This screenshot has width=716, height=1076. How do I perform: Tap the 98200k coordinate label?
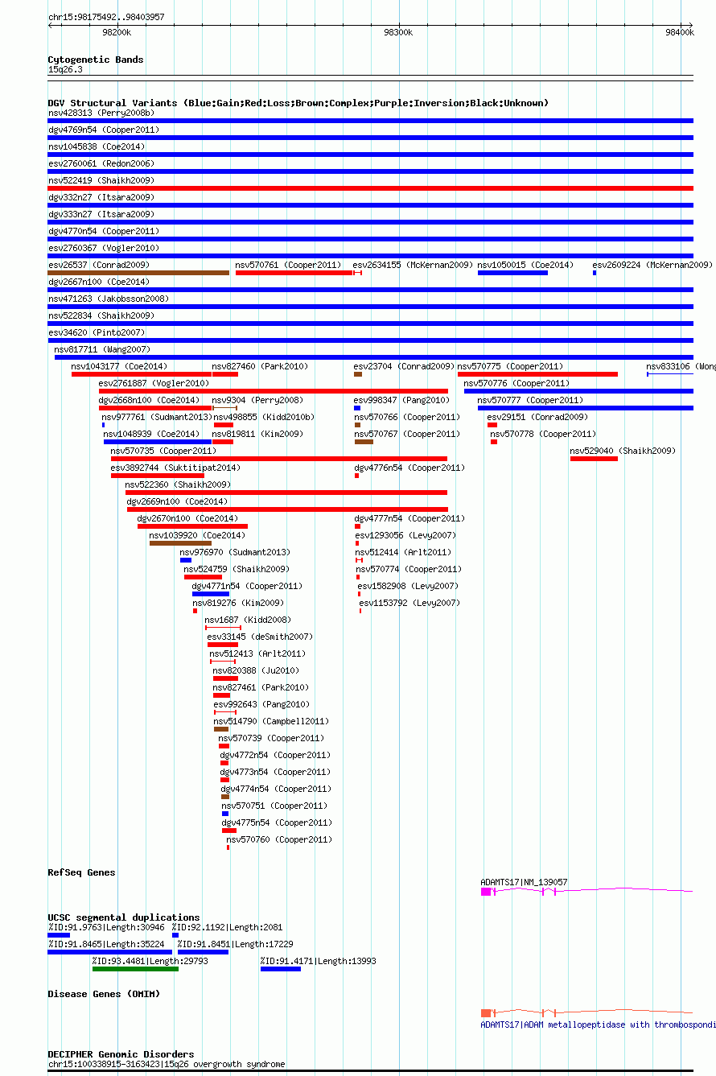(x=117, y=32)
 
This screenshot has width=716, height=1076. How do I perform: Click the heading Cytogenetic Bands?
(x=95, y=60)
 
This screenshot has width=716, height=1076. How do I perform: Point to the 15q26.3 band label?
(x=65, y=69)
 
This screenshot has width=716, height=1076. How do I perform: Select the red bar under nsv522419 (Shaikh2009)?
(x=370, y=188)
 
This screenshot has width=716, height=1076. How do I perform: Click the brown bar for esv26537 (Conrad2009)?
(x=138, y=273)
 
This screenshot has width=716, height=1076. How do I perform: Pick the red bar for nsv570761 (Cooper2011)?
(x=294, y=273)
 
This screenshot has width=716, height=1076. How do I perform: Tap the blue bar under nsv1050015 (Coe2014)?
(x=512, y=273)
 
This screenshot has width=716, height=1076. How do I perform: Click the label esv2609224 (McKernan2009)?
(x=652, y=265)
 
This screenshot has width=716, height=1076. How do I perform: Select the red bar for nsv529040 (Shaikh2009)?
(x=594, y=459)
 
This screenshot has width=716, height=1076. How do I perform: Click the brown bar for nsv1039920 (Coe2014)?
(x=180, y=543)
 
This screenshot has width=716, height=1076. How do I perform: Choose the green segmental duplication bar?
(x=135, y=969)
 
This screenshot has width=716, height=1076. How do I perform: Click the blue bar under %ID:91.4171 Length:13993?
(x=280, y=969)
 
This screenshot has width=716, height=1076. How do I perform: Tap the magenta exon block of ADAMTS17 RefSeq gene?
(x=486, y=892)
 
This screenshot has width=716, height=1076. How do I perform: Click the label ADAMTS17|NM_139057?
(x=524, y=882)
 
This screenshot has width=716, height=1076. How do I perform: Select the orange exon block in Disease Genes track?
(x=486, y=1012)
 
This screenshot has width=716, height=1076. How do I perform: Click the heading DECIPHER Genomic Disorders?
(x=121, y=1054)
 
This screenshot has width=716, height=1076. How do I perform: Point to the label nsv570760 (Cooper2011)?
(x=278, y=839)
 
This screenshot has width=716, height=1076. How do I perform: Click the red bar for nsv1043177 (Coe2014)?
(x=142, y=374)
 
